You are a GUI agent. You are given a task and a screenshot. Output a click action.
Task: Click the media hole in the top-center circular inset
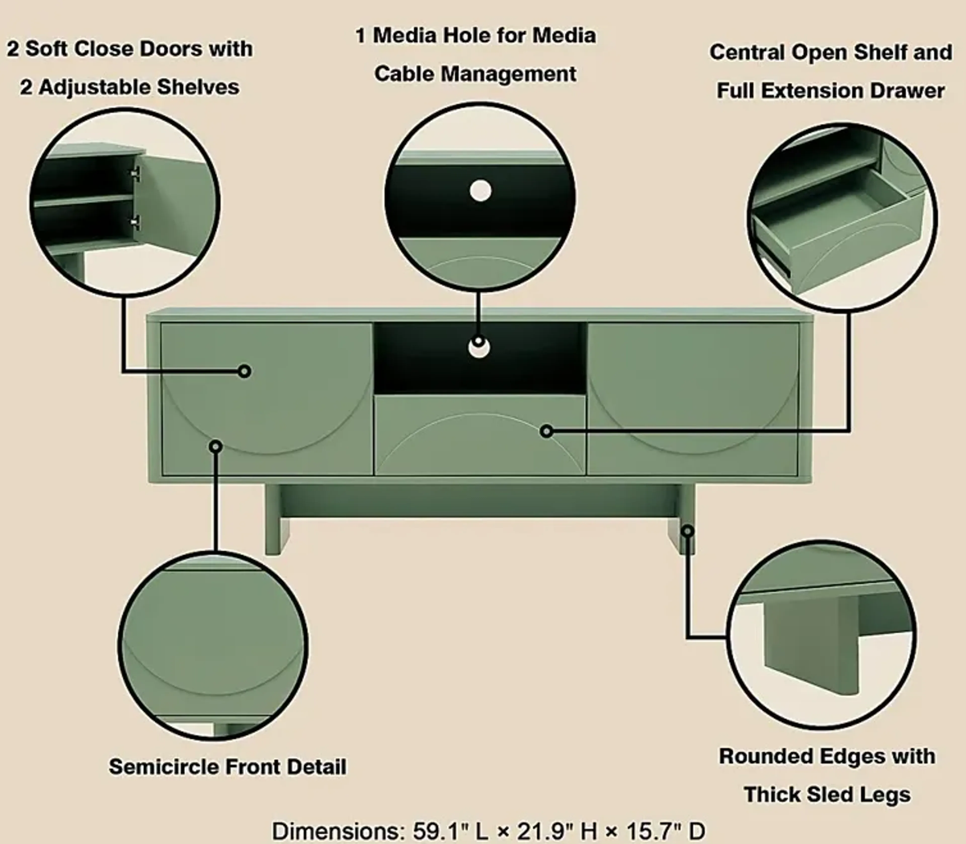click(480, 191)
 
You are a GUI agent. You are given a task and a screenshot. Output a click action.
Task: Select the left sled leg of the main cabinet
click(277, 523)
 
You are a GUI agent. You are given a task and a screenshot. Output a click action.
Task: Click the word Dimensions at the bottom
click(338, 831)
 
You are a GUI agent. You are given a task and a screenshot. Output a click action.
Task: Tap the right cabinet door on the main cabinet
click(692, 398)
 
